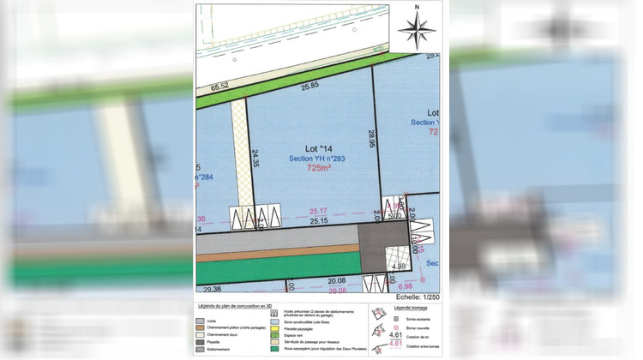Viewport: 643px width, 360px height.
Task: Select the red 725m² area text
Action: [x=319, y=169]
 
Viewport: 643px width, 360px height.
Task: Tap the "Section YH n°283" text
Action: [x=312, y=159]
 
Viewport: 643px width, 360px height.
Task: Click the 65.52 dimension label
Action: [x=220, y=87]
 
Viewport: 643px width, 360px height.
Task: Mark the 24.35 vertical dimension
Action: [x=255, y=160]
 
